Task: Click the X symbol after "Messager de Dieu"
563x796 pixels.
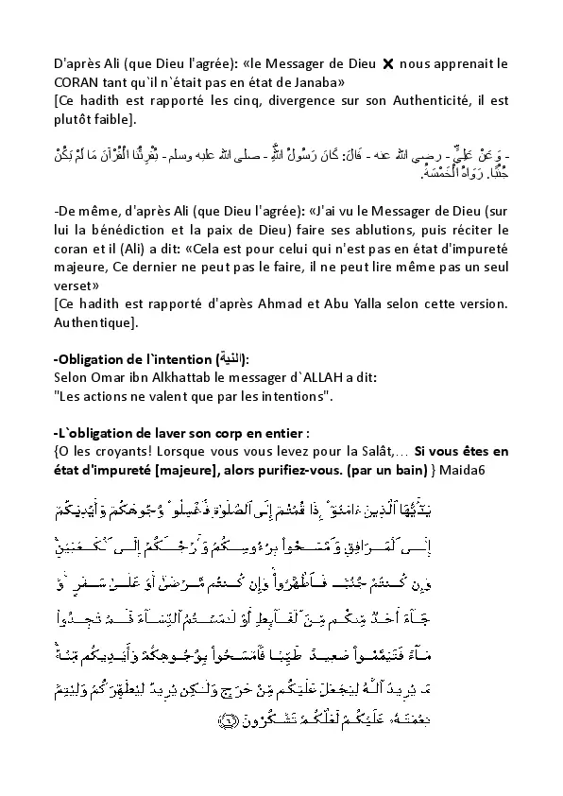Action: pyautogui.click(x=385, y=64)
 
